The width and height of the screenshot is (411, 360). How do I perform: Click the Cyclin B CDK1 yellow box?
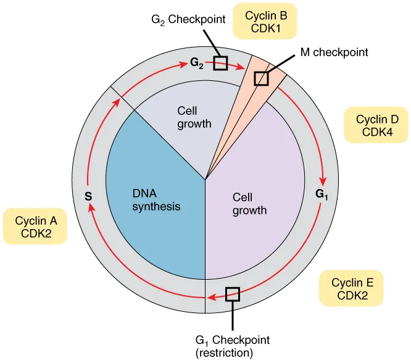click(x=265, y=21)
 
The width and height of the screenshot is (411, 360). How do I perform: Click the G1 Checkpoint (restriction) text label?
click(x=232, y=346)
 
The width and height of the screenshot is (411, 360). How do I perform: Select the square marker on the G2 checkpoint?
click(x=220, y=62)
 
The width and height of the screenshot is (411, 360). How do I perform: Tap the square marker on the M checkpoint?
click(x=262, y=78)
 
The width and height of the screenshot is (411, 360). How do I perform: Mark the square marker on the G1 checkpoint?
click(x=233, y=294)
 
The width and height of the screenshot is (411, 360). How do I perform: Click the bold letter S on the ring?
click(x=88, y=197)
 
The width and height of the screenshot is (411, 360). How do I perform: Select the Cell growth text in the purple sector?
click(x=249, y=204)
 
